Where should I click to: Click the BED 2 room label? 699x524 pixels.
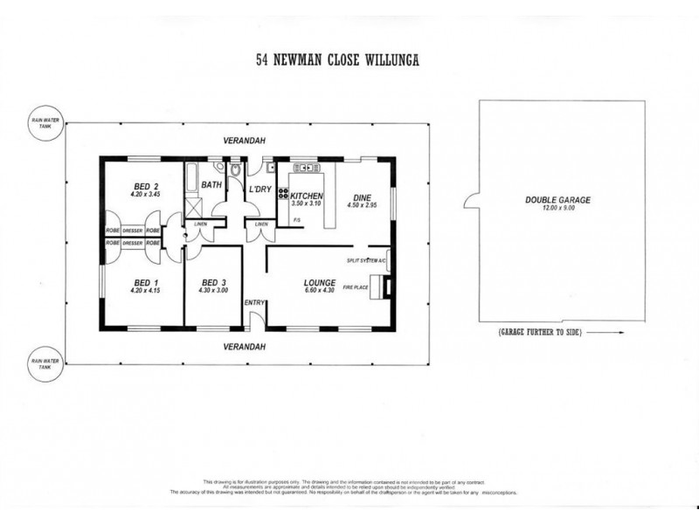(145, 186)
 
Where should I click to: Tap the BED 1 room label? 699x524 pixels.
(145, 281)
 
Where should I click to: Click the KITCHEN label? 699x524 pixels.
(308, 196)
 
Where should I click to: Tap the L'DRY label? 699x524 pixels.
(260, 190)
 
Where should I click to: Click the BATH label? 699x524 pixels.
(212, 185)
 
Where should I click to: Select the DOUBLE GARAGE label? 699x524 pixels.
(557, 200)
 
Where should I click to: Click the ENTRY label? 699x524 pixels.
(254, 302)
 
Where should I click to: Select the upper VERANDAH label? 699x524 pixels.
(242, 141)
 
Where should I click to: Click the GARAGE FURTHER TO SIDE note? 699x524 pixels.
(539, 333)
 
